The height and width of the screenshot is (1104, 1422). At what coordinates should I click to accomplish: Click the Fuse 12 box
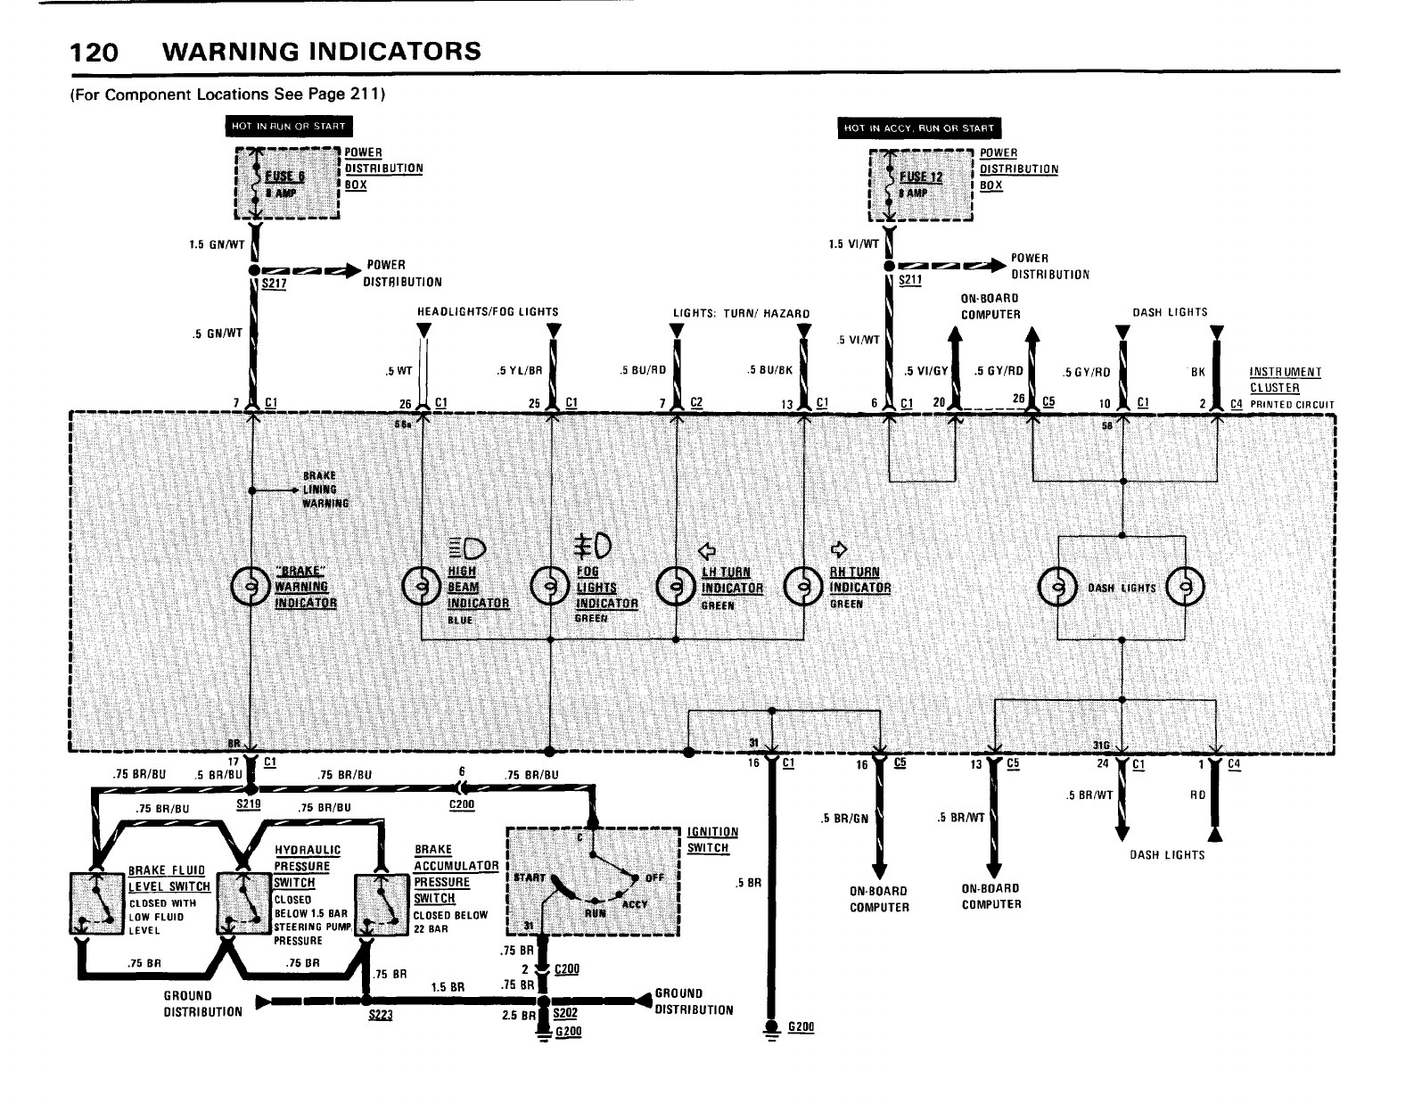tap(921, 185)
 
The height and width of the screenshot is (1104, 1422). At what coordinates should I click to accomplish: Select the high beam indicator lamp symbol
tap(420, 587)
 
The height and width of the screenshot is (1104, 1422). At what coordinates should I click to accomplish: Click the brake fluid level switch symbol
tap(95, 902)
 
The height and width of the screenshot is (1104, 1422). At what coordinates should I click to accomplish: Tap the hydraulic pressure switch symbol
tap(244, 902)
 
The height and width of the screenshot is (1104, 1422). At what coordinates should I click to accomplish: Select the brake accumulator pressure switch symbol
tap(382, 902)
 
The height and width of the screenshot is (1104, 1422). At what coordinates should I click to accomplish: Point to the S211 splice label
tap(909, 279)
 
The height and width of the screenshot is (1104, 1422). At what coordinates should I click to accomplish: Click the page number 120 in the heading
tap(94, 52)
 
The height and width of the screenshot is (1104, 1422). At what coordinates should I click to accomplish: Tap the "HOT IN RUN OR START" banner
tap(288, 126)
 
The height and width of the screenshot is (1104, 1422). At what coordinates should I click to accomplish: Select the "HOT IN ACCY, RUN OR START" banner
tap(918, 128)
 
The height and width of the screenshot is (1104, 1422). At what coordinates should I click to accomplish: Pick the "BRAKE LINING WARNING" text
tap(318, 489)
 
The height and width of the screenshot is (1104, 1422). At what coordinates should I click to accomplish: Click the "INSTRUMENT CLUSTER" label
tap(1285, 380)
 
